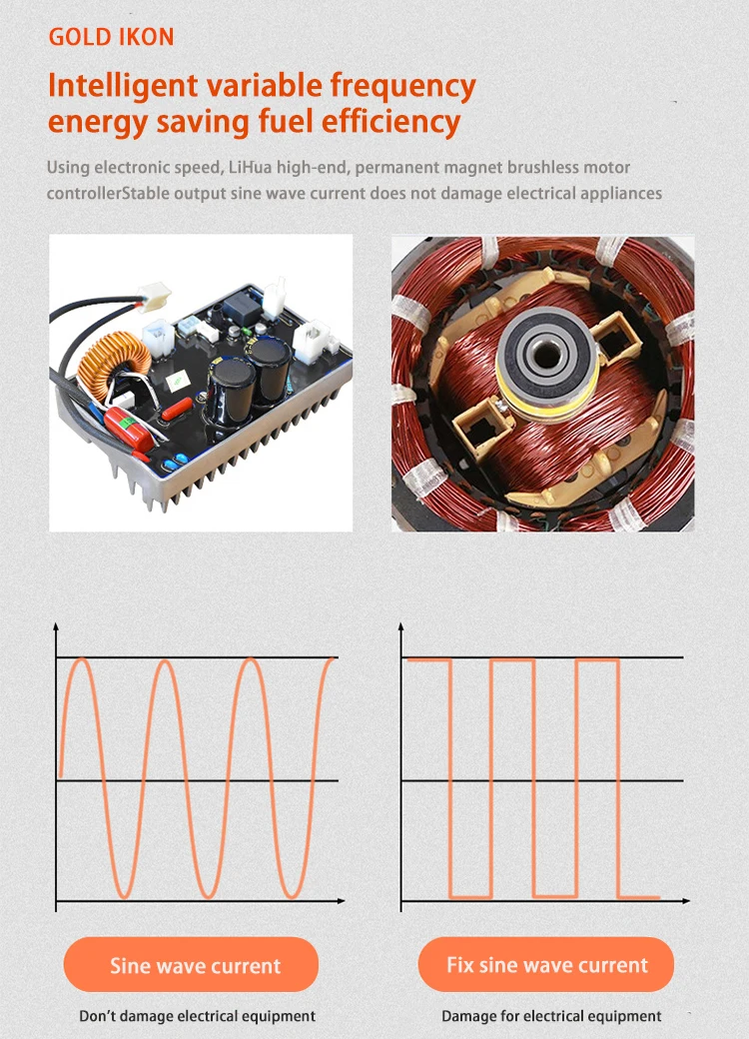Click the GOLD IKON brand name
pos(111,38)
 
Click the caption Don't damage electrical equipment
pos(197,1016)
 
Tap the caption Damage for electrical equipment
pos(551,1016)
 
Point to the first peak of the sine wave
pos(82,660)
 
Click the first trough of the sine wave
pos(124,894)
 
